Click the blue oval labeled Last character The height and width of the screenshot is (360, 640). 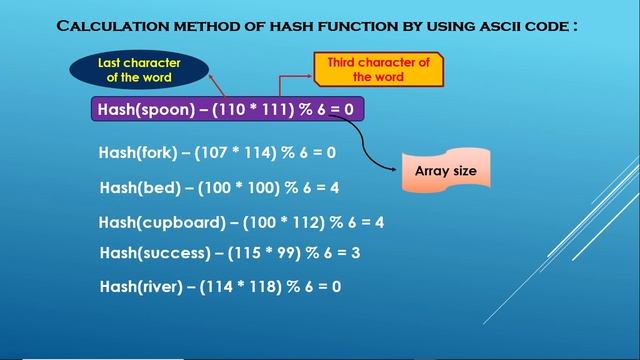tap(139, 69)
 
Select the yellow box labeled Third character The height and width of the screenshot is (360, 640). tap(378, 69)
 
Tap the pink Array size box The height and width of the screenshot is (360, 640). tap(446, 171)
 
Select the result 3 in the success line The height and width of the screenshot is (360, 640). tap(356, 253)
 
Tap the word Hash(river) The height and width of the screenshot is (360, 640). tap(139, 287)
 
